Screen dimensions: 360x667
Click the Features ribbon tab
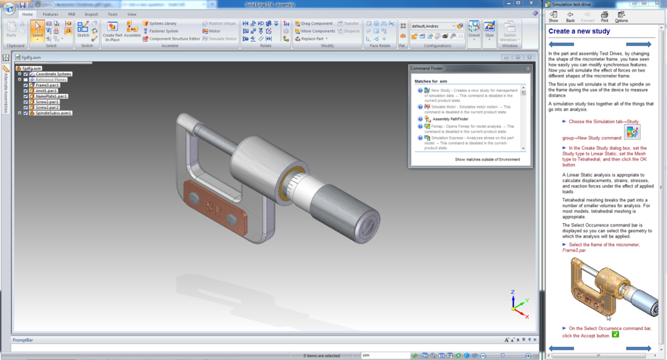click(50, 14)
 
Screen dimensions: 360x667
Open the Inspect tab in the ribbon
click(91, 14)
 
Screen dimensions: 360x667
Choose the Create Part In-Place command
click(112, 31)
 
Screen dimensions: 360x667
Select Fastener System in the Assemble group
click(163, 31)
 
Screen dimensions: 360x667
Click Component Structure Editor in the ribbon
click(174, 39)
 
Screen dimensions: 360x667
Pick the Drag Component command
click(316, 24)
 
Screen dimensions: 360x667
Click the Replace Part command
click(313, 39)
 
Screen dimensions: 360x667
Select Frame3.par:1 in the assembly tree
click(47, 85)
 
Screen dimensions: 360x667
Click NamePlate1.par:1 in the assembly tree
click(51, 96)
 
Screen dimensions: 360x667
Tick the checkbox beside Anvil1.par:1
click(26, 90)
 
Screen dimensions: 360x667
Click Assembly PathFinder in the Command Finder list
click(452, 119)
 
